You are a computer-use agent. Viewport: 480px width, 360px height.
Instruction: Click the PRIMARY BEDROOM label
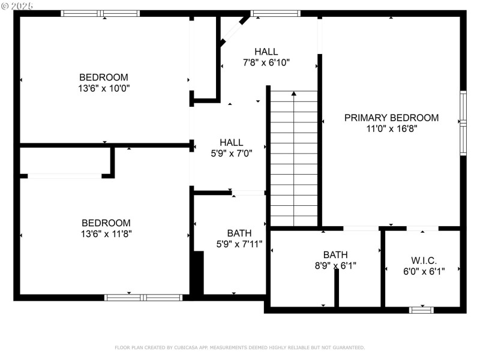(391, 118)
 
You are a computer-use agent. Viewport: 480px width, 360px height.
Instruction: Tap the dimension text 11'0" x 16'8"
(391, 128)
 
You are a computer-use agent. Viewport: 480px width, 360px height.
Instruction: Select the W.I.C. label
(424, 260)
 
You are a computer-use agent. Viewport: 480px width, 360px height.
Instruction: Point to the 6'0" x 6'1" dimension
(424, 271)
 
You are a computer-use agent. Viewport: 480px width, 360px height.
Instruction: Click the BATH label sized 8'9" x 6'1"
(335, 254)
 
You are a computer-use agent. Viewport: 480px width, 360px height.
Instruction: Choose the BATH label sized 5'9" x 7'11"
(239, 233)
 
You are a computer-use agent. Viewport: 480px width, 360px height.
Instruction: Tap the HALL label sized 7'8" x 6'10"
(266, 52)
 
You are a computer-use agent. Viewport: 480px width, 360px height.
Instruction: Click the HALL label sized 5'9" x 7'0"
(231, 142)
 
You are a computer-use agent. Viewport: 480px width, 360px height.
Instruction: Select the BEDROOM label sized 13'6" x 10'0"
(104, 77)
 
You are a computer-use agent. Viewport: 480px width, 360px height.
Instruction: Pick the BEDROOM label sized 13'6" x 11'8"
(106, 223)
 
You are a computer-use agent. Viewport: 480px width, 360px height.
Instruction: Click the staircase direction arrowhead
(293, 94)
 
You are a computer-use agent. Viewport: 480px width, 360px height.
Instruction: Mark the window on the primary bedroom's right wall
(463, 123)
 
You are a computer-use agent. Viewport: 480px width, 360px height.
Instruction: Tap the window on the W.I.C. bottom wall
(421, 310)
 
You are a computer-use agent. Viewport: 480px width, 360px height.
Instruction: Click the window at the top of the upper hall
(275, 13)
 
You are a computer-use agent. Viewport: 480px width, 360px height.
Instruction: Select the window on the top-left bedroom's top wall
(100, 13)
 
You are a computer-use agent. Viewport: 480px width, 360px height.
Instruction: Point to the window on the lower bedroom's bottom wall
(143, 297)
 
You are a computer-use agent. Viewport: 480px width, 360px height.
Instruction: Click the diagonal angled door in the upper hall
(235, 30)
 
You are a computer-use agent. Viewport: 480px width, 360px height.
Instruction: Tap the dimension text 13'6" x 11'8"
(106, 234)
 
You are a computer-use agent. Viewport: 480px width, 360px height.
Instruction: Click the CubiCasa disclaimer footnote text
(239, 347)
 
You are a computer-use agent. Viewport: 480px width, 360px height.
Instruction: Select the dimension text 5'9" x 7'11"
(239, 244)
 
